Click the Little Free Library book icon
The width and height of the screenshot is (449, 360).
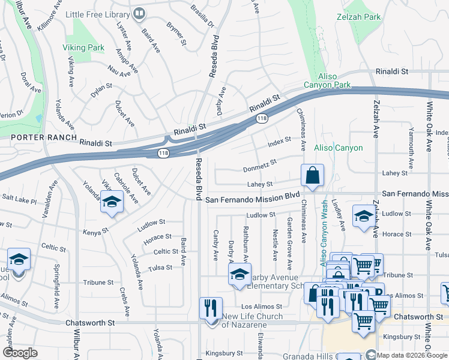(x=139, y=12)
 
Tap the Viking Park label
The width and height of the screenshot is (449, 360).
(x=83, y=47)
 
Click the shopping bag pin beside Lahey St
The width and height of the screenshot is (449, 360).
(x=313, y=176)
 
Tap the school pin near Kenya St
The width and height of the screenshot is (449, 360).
(x=112, y=203)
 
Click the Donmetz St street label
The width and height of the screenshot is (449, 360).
(x=259, y=165)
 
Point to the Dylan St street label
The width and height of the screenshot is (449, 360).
(x=101, y=91)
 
